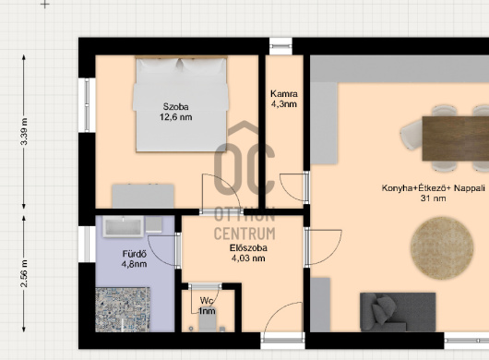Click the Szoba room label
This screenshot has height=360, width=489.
pos(175,107)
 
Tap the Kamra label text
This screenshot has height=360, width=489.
pos(284,93)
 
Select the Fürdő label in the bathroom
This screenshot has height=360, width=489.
pos(135,254)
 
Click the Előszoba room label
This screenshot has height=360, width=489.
pos(248,248)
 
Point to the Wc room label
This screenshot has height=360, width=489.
pos(207,301)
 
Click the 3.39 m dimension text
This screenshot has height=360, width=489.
pos(24,131)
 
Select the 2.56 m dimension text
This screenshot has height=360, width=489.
pos(24,273)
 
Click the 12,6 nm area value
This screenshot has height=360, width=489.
pos(175,117)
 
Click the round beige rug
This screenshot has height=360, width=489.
pos(442,247)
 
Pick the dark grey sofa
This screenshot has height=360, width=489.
pos(398,312)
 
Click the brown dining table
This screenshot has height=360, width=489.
pos(456,138)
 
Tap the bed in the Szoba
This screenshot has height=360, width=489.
pos(181,104)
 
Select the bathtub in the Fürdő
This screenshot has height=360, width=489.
pos(124,226)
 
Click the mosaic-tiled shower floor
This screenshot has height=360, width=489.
pos(123,309)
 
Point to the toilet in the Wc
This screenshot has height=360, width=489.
pos(207,322)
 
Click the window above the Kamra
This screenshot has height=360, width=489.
pos(280,46)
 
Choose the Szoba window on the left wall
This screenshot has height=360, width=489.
pos(87,105)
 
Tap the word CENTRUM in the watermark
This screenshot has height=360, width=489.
pos(244,234)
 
